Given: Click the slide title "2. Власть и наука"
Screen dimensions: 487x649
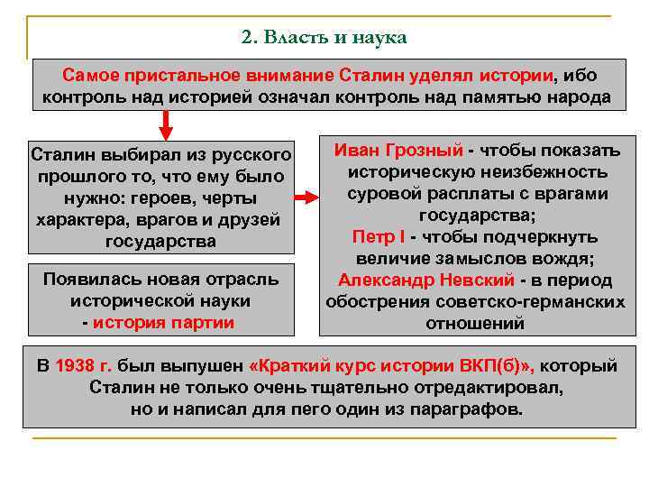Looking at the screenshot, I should (324, 38).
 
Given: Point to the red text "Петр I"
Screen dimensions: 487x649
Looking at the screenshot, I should (379, 237).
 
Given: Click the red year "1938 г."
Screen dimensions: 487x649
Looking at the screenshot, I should (84, 366).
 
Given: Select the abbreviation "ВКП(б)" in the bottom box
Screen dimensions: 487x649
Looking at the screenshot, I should (501, 366).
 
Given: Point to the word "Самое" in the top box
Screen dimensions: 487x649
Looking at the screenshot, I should (90, 75).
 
